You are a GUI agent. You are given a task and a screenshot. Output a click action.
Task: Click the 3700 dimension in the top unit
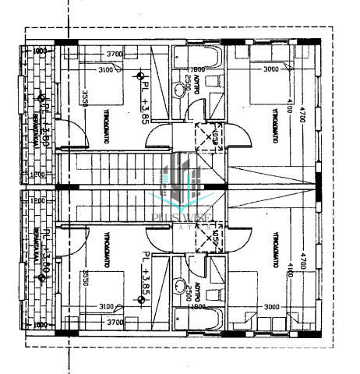click(115, 54)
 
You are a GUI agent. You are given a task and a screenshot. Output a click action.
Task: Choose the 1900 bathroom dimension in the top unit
click(198, 69)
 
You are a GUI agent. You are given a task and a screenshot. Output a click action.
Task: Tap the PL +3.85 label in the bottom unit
click(145, 275)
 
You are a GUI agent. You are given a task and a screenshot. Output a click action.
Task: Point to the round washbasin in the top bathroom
click(182, 88)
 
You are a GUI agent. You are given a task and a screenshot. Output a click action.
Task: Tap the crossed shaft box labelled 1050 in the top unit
click(209, 138)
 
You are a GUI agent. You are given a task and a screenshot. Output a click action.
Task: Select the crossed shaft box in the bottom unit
click(209, 235)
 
